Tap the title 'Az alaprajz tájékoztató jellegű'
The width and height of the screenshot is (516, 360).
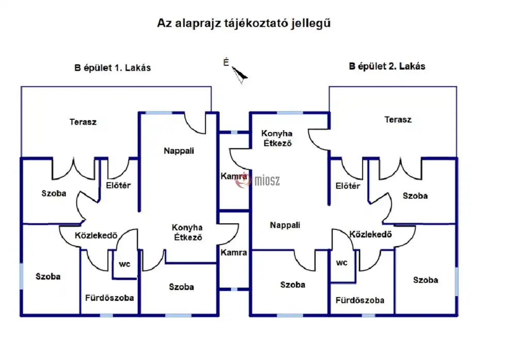point(244,24)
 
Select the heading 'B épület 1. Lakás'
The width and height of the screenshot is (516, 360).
point(112,68)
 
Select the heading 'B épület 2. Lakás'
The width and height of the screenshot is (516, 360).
point(387,66)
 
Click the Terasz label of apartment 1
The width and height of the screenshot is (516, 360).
point(83,122)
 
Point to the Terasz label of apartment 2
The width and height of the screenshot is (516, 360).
point(398,119)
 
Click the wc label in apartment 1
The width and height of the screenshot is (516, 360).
point(125,264)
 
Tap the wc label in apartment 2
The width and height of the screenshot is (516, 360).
point(342,262)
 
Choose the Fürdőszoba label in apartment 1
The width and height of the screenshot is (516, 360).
point(109,298)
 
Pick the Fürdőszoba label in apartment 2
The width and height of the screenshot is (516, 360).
point(360,300)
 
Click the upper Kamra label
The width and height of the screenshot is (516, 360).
point(233,176)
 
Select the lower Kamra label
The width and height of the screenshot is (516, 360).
point(233,253)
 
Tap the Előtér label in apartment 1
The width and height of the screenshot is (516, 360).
point(118,185)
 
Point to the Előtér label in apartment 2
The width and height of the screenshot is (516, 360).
point(348,186)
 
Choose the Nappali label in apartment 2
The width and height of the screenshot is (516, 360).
point(285,225)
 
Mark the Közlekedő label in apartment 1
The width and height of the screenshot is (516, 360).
point(96,235)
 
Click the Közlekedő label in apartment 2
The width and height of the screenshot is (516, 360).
point(370,234)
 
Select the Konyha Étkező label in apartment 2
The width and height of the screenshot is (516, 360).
point(277,138)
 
